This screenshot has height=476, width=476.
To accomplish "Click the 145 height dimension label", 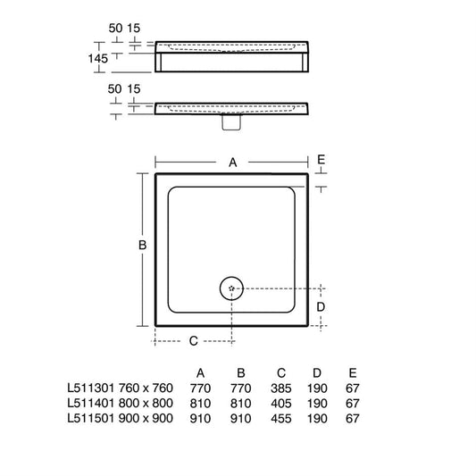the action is click(97, 58).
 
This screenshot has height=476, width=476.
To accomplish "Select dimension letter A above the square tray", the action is click(233, 163).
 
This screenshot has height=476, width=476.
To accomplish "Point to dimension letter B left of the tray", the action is click(142, 245).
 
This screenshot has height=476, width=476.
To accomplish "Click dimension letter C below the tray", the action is click(194, 341).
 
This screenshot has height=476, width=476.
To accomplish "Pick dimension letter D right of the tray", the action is click(321, 307).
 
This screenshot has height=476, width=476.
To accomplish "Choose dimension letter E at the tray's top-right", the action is click(321, 160).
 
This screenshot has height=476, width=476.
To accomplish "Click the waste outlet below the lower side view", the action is click(231, 122).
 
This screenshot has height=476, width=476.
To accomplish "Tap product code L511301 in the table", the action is click(90, 388).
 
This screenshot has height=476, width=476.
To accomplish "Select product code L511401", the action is click(90, 403).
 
